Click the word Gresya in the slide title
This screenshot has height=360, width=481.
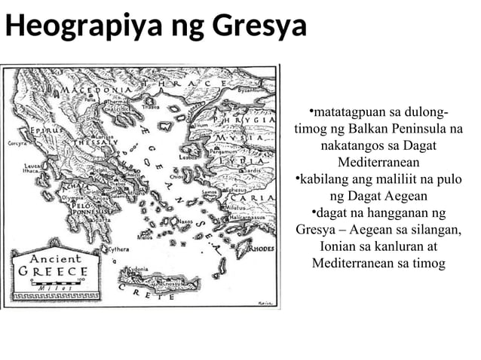pos(259,28)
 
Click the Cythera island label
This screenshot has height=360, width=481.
pos(118,249)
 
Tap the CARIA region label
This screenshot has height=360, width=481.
pos(253,198)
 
